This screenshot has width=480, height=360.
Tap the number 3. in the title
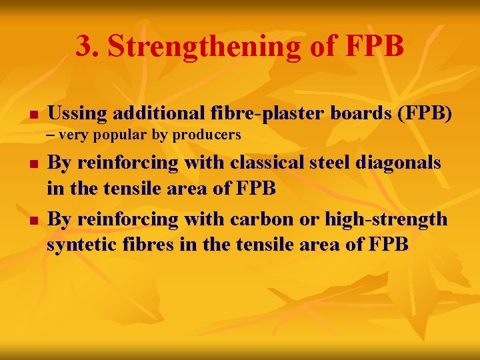[x=87, y=47]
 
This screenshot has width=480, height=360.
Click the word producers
[x=207, y=135]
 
